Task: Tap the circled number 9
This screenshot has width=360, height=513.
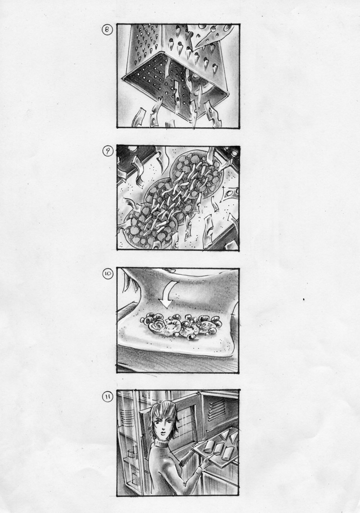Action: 108,152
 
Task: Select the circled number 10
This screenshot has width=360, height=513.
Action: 108,274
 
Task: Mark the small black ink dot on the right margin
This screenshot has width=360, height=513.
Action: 304,299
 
